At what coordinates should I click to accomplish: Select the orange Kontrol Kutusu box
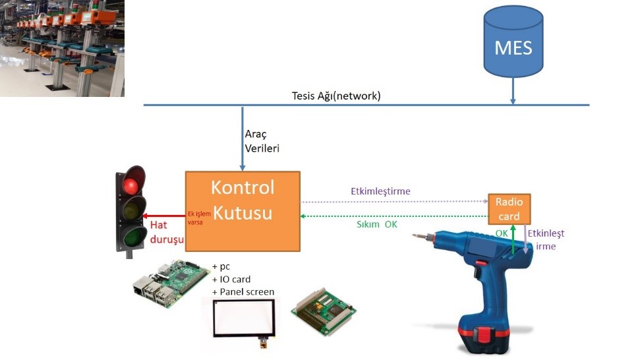242,210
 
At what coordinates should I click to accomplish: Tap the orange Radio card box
508,209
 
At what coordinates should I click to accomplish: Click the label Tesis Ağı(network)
336,96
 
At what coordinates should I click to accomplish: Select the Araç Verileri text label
262,141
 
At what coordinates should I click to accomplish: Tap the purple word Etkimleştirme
380,191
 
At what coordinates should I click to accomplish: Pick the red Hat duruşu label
167,232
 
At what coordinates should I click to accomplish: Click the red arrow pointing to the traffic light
165,215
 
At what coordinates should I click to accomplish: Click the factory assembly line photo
62,48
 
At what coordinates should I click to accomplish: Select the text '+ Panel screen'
243,291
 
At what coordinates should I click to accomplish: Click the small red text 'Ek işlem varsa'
199,218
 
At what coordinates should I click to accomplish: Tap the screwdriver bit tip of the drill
415,235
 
